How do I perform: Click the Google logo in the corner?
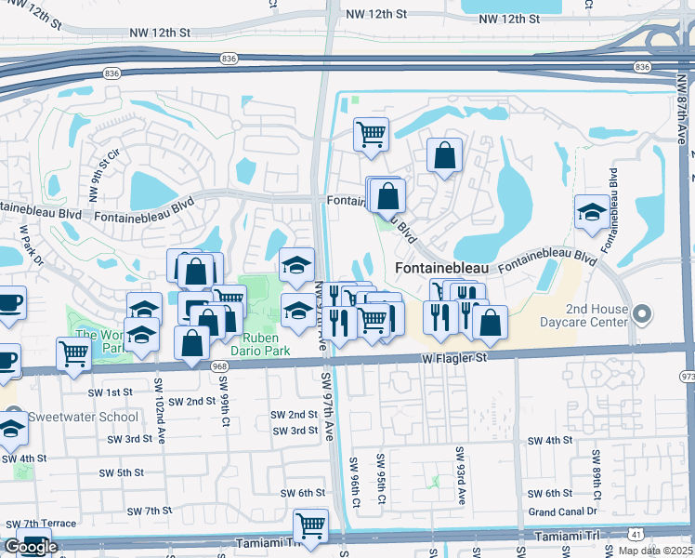pos(31,547)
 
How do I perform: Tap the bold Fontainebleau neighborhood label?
pos(441,268)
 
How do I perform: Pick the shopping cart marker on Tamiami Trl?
pos(310,525)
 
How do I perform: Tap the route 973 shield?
pos(687,376)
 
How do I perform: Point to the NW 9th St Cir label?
pos(103,177)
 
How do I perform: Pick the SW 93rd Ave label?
pos(459,474)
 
